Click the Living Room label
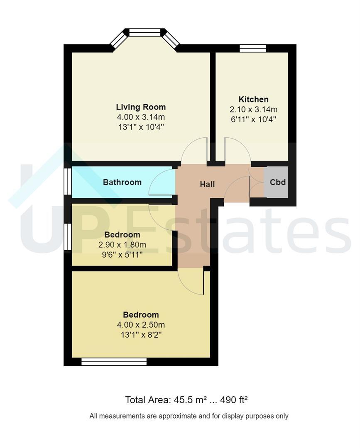point(141,107)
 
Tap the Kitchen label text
point(253,100)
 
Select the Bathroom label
point(122,182)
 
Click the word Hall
point(207,185)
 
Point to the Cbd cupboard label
point(278,182)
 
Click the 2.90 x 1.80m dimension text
point(122,245)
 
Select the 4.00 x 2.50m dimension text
point(141,325)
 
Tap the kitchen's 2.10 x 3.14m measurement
point(253,110)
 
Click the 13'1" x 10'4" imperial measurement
point(141,127)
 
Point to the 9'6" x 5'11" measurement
point(122,255)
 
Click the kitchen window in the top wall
point(253,48)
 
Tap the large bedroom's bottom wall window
point(114,362)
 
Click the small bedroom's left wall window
point(68,236)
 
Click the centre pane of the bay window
point(144,32)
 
